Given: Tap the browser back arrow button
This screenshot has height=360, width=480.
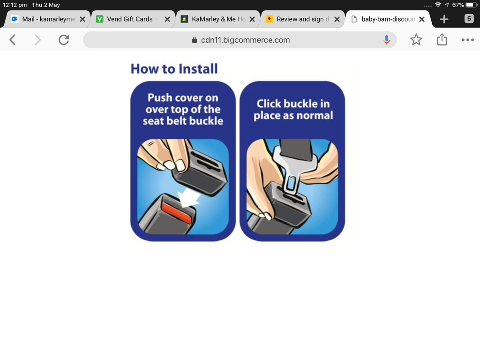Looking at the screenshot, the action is [13, 40].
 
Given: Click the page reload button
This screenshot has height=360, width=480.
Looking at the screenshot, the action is [64, 40].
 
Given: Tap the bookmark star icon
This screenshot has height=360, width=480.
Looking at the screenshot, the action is [416, 40].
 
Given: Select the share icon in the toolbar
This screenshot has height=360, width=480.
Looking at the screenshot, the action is [442, 39].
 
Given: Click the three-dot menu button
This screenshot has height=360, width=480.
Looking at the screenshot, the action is [467, 40].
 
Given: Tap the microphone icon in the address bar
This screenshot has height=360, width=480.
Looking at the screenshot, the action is [387, 40].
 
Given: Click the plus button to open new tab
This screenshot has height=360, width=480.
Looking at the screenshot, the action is [444, 19].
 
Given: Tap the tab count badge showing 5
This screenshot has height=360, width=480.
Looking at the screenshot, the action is [469, 19].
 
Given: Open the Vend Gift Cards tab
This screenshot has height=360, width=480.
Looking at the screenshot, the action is [129, 19].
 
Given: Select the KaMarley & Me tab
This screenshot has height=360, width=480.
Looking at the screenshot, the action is [214, 19].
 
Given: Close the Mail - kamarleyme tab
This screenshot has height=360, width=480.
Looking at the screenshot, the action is [82, 19].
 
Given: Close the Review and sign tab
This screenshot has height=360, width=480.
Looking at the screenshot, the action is [337, 19].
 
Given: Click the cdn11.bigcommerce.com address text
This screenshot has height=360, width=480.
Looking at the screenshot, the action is [245, 40].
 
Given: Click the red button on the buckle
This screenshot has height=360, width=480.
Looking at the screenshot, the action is [176, 212].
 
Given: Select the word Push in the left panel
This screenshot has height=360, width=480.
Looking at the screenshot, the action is [160, 98].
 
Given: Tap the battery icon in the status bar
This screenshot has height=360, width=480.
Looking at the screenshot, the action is [472, 5].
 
